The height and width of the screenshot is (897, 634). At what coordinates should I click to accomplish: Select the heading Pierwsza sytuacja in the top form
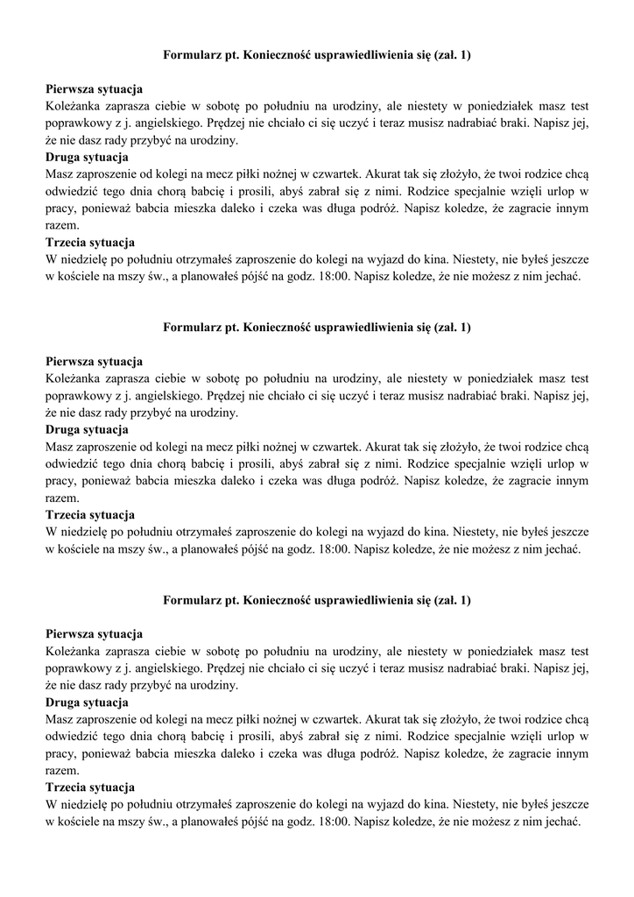pos(94,89)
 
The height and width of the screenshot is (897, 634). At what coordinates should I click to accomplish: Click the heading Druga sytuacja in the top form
pos(87,157)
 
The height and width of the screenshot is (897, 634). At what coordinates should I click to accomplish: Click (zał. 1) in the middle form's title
pos(450,328)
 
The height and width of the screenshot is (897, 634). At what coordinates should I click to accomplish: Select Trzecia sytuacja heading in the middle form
pos(89,514)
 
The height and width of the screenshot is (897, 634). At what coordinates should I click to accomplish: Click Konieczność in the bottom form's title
pos(279,600)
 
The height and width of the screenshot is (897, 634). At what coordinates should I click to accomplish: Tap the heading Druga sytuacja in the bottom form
pos(87,702)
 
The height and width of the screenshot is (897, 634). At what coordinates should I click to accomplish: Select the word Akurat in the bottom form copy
pos(382,719)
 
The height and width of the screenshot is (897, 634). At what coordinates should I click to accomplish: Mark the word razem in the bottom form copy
pos(60,770)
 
